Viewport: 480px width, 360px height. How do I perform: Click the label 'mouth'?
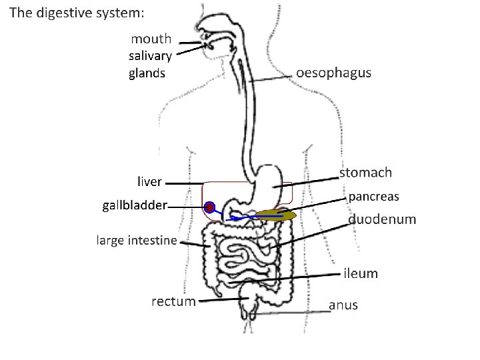point(151,39)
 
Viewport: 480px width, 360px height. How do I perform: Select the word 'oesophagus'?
point(333,73)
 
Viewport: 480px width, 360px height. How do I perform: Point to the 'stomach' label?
point(365,173)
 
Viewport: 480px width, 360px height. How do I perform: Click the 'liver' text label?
point(149,181)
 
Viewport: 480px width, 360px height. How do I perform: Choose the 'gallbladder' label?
point(135,205)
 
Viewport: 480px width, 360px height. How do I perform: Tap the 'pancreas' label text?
point(374,196)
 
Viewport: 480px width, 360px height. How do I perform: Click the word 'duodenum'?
point(382,219)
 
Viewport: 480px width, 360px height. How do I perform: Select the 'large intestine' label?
point(137,240)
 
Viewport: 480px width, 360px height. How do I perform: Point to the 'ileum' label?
point(361,273)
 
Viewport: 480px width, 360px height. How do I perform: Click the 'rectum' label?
point(173,301)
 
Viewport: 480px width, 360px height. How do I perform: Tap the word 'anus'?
point(343,305)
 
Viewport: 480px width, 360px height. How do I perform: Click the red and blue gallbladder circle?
point(210,207)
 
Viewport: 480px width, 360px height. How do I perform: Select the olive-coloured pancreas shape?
point(276,215)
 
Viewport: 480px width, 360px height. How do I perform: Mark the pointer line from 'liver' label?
point(184,183)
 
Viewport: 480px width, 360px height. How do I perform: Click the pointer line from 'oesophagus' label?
point(273,79)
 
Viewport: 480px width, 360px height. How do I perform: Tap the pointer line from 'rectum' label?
point(223,300)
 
